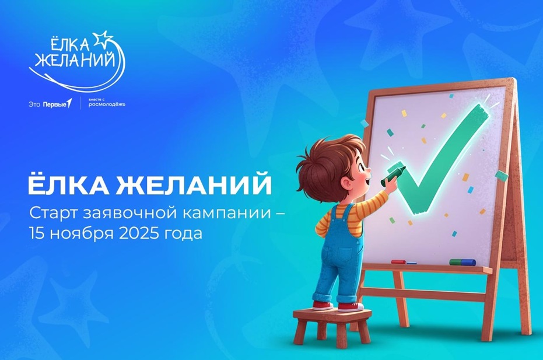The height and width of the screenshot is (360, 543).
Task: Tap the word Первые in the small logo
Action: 55,104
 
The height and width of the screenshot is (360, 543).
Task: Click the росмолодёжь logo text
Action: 107,104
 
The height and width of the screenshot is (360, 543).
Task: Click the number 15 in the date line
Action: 38,233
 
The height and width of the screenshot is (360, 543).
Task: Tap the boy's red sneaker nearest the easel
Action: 351,307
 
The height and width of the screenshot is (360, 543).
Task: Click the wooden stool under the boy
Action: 332,326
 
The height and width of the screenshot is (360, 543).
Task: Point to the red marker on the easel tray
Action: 398,261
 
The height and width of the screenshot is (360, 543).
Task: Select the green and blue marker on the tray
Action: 463,263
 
